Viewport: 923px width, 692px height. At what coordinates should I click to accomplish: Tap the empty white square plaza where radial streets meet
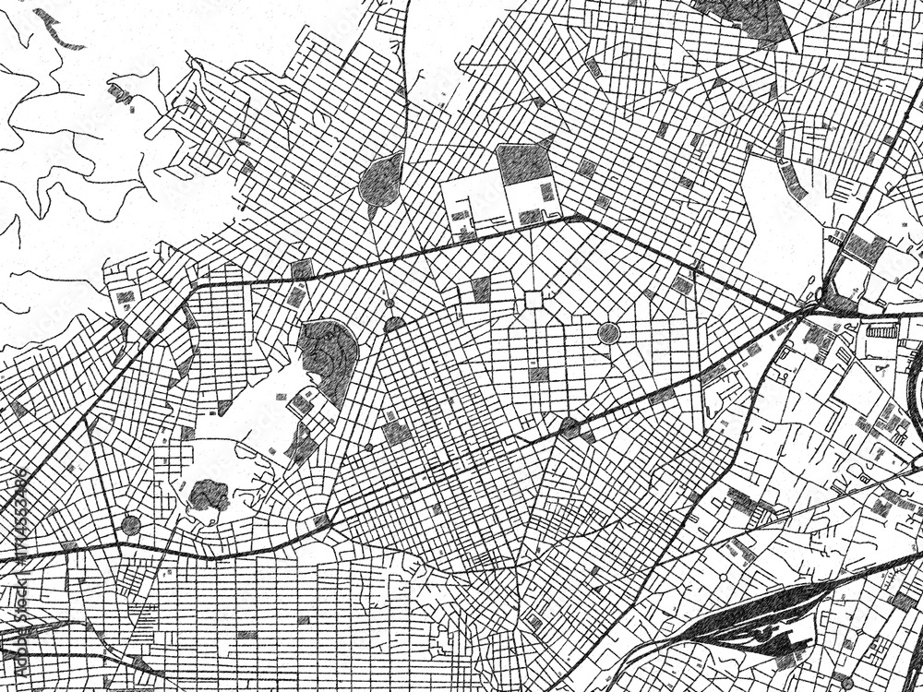click(x=533, y=300)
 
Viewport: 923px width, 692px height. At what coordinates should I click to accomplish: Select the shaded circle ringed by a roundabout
click(x=608, y=333)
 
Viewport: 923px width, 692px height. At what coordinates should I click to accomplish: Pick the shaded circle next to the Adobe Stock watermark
click(x=130, y=526)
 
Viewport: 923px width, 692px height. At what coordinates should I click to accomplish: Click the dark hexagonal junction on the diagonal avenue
click(x=570, y=427)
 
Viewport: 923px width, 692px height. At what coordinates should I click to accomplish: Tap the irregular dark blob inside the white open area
click(x=209, y=495)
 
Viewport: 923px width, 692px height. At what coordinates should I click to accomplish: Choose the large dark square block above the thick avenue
click(x=523, y=164)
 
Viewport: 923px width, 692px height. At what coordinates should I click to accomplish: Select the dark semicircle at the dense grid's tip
click(x=394, y=324)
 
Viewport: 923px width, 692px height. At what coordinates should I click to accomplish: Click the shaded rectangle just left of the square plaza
click(x=481, y=290)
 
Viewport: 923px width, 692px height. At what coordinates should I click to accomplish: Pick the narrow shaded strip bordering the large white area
click(x=791, y=179)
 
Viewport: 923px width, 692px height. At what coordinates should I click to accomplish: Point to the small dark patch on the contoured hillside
click(x=119, y=91)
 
